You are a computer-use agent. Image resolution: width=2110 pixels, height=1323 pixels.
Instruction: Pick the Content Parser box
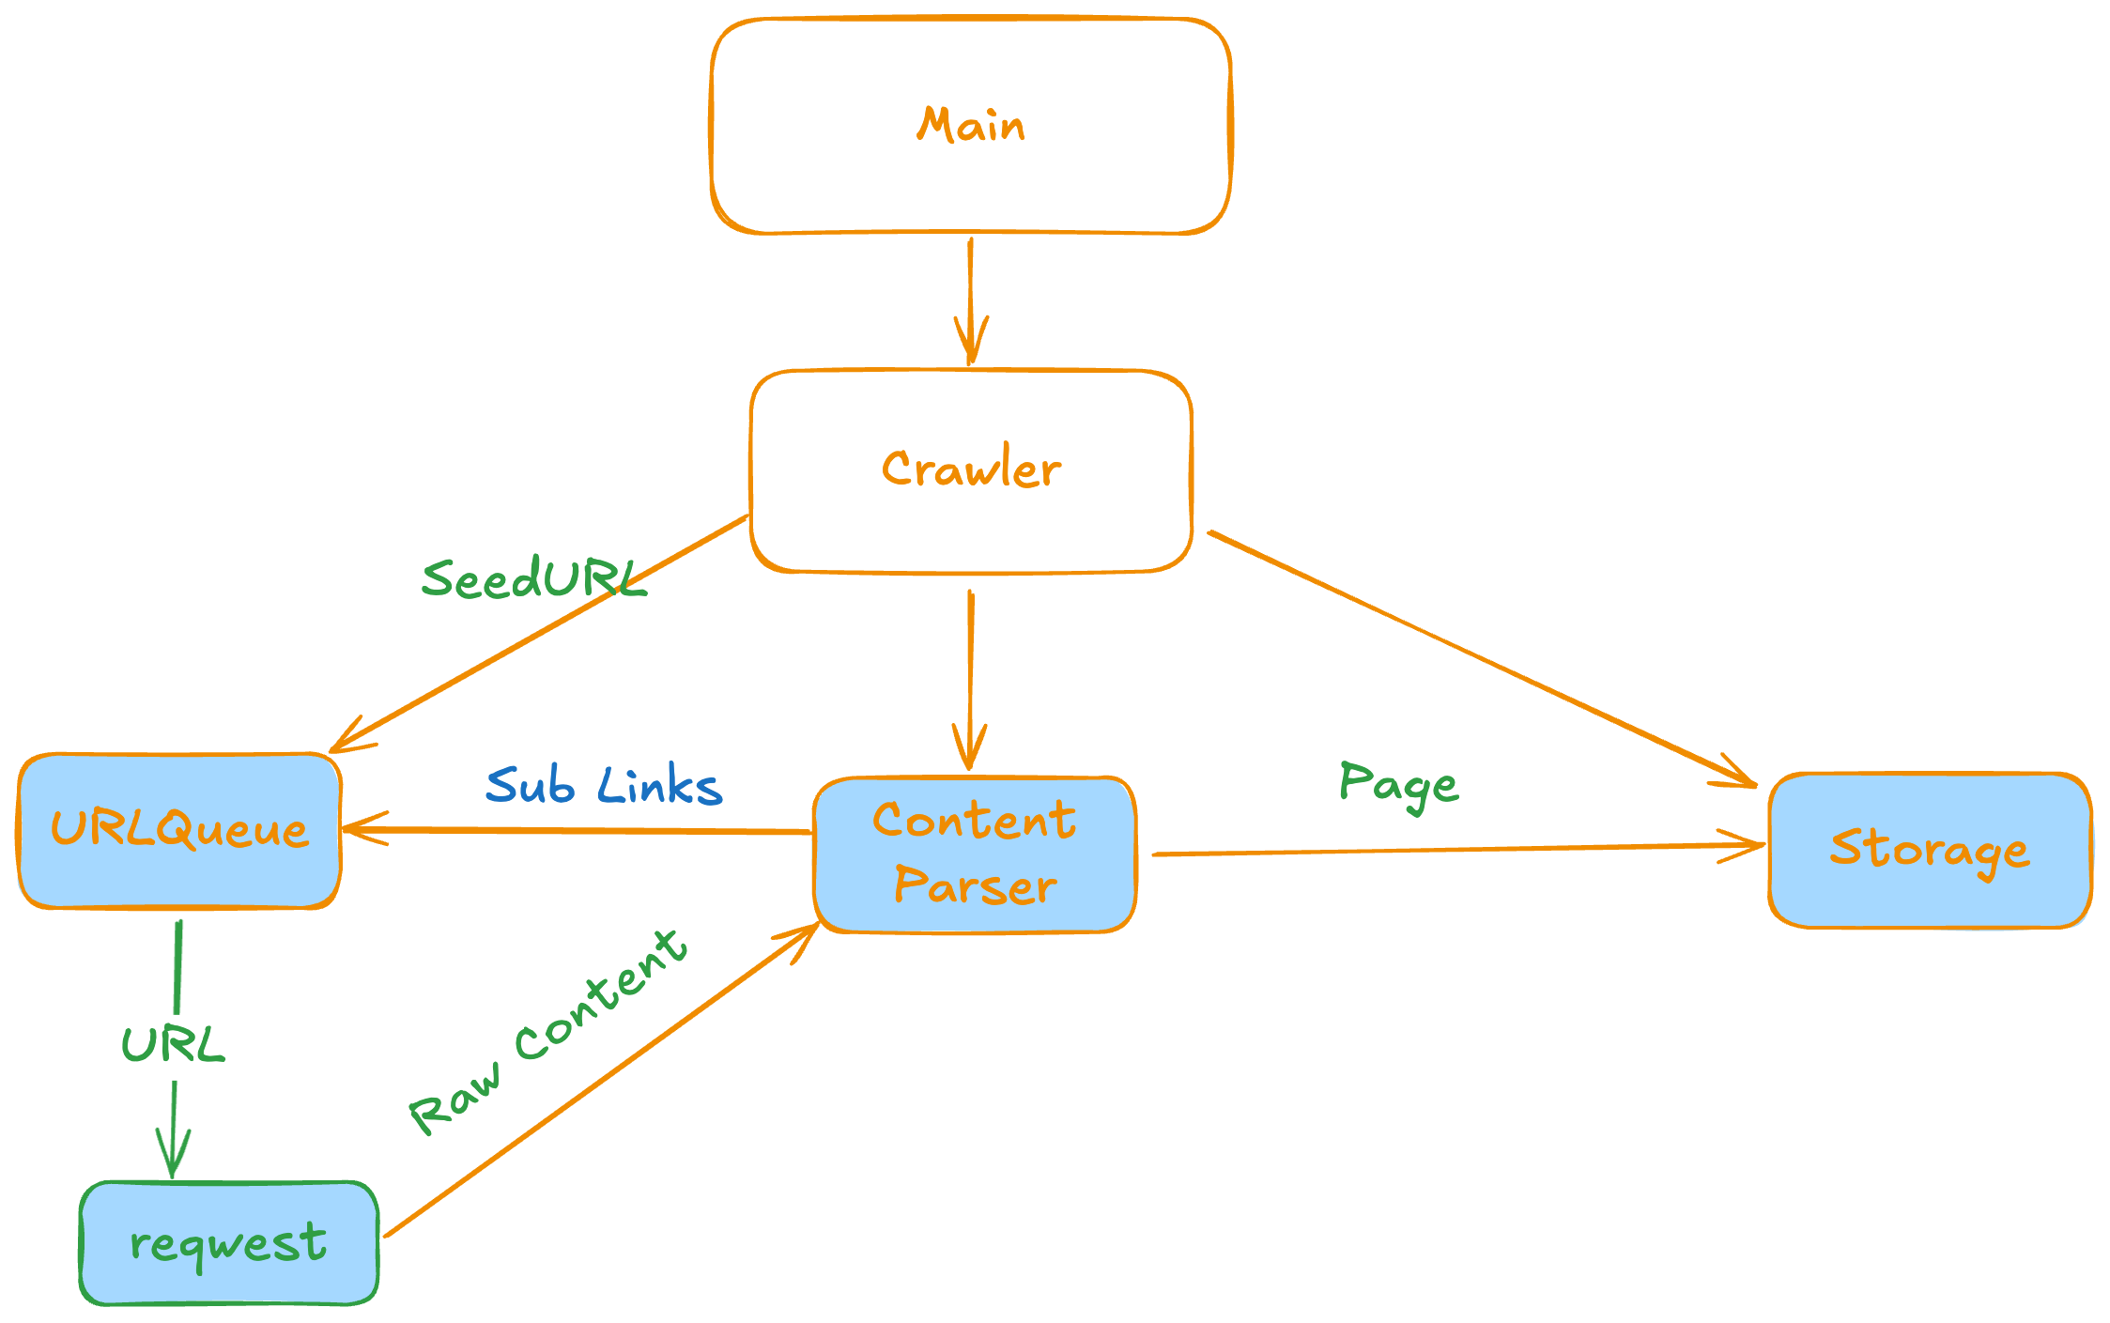975,854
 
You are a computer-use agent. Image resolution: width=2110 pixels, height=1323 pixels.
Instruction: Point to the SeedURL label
533,577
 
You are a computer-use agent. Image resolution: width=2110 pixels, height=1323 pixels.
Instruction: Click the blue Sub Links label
604,786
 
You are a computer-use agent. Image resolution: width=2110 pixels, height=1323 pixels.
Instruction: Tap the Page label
1398,785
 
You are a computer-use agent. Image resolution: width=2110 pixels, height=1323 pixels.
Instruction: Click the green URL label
174,1044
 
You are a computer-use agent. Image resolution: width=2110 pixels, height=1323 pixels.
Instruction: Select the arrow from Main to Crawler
971,300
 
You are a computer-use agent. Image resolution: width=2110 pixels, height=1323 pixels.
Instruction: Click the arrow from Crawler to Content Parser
970,676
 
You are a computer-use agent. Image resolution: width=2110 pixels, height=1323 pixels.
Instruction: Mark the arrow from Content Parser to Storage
1455,849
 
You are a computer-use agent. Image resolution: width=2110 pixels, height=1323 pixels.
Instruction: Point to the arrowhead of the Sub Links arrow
362,829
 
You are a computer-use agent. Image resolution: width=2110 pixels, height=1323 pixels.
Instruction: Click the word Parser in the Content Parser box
975,885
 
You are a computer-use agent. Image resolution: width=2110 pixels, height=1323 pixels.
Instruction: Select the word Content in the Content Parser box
975,821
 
